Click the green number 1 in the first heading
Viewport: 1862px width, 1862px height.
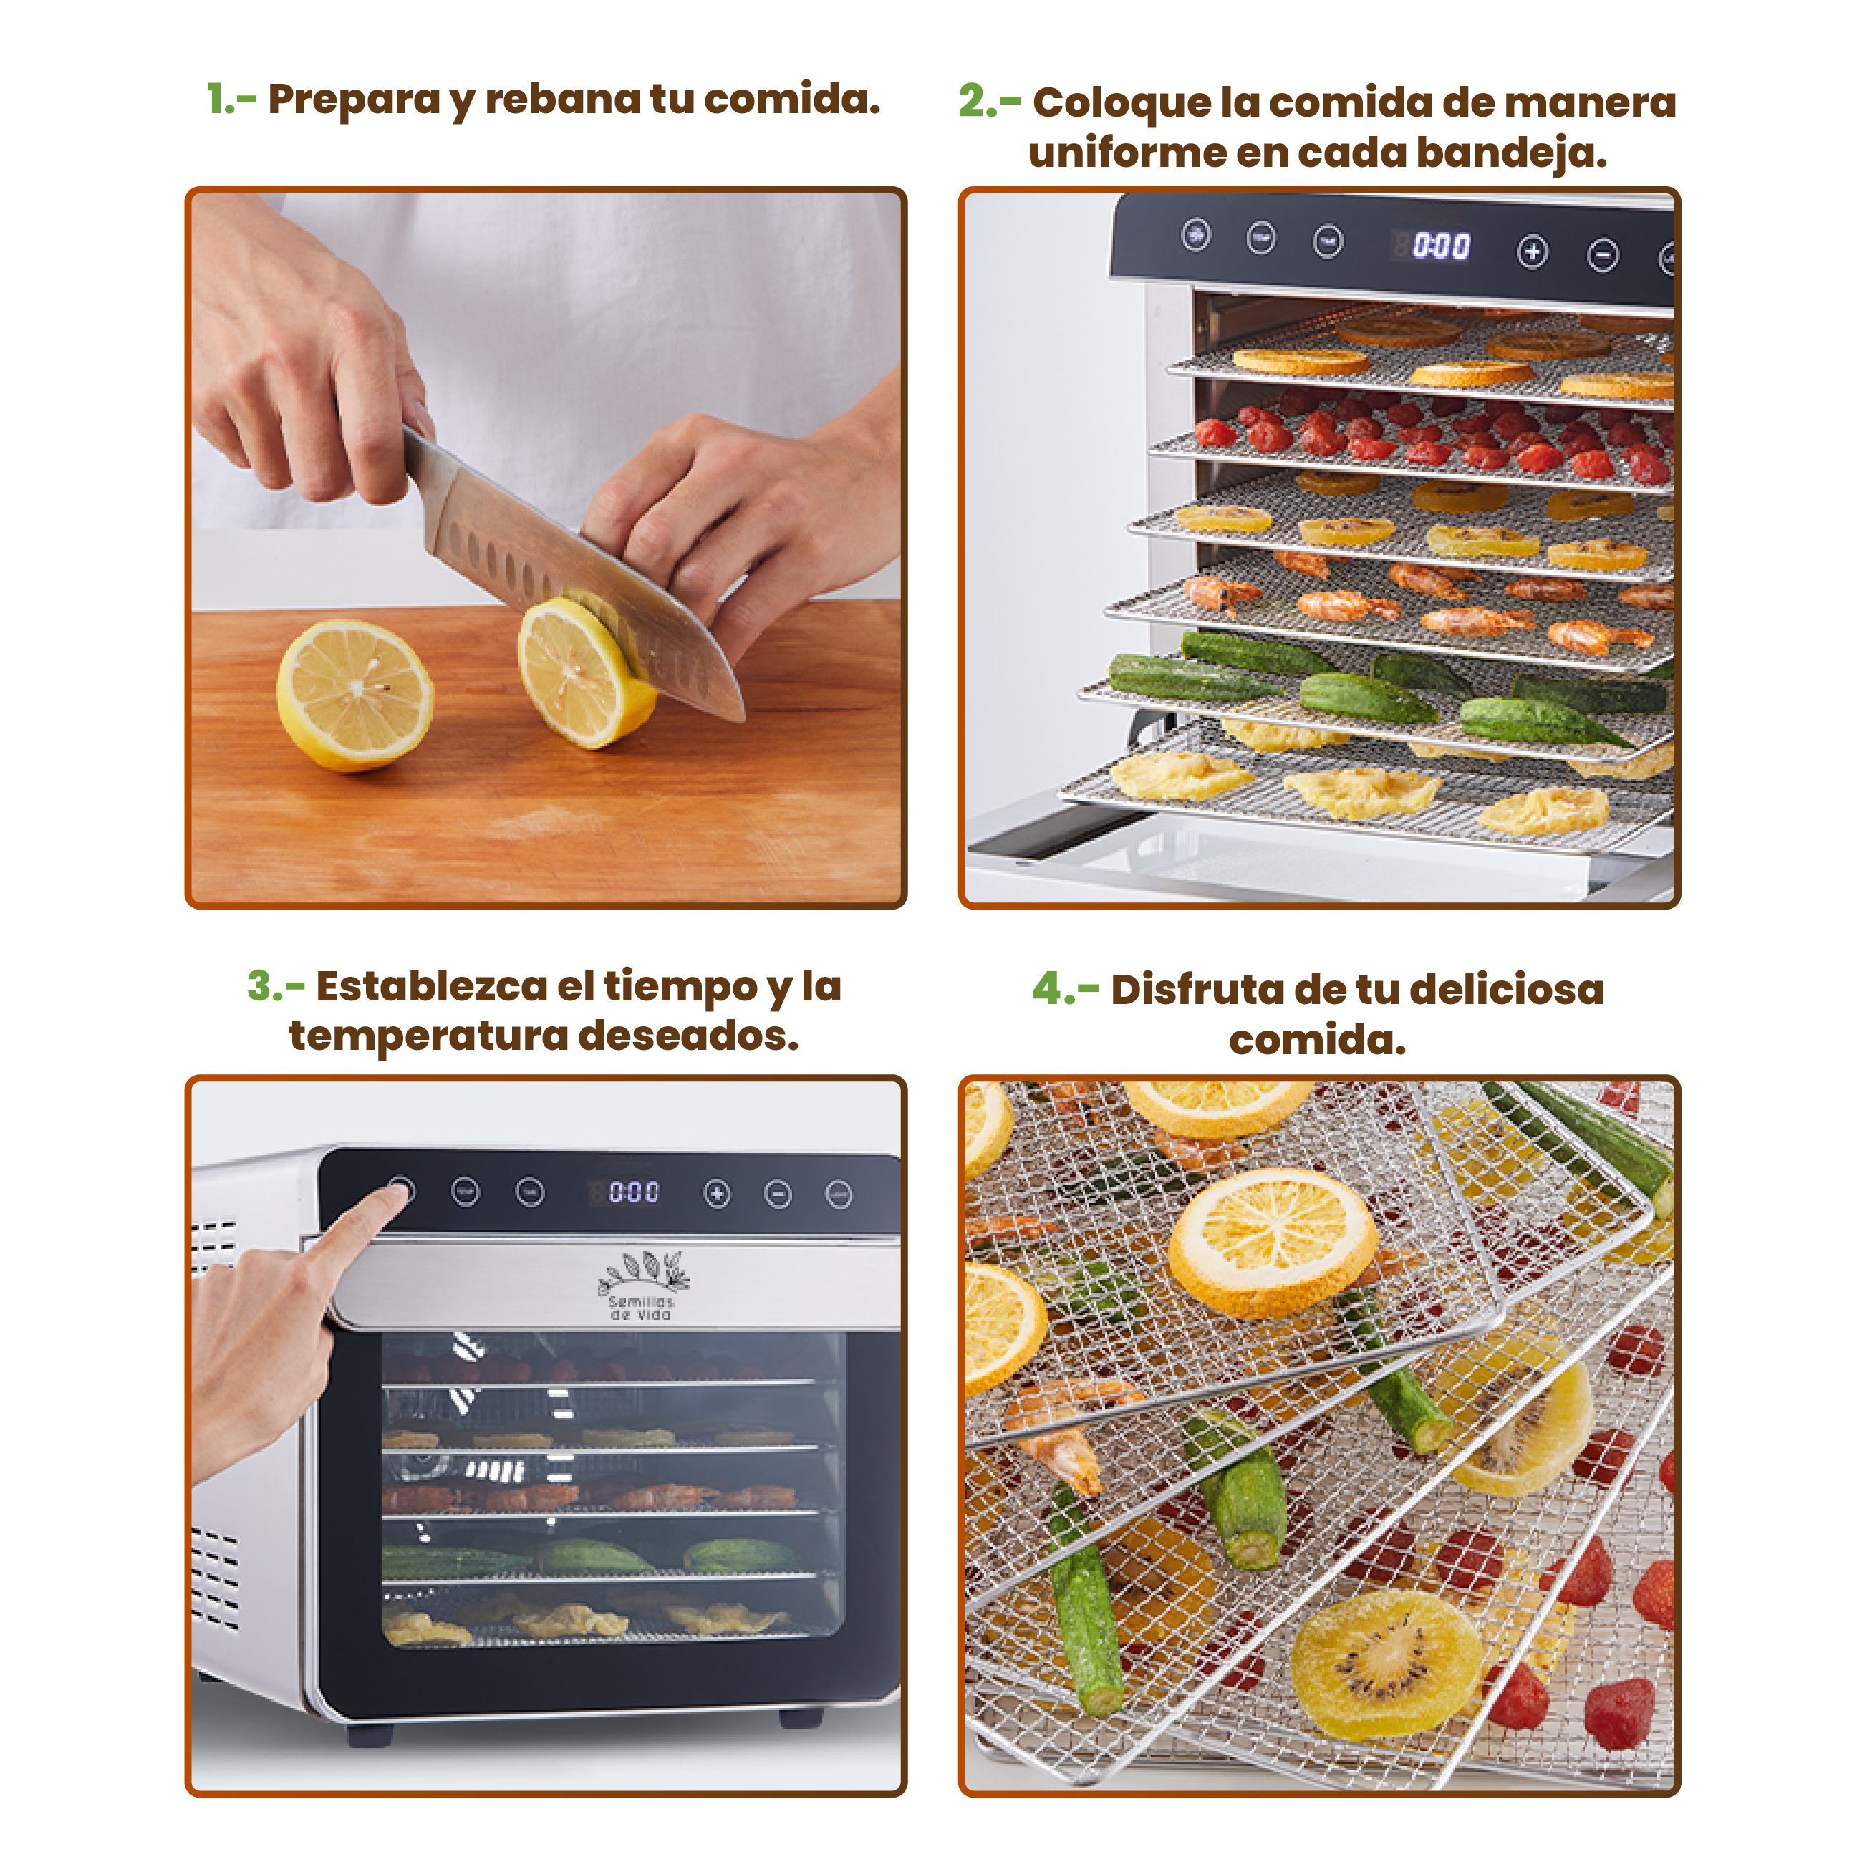point(218,100)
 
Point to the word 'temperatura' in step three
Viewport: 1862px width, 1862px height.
point(429,1036)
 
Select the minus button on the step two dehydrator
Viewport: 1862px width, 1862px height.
point(1603,256)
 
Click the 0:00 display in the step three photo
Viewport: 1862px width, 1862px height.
point(635,1193)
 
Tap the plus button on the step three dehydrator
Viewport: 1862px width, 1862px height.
point(717,1194)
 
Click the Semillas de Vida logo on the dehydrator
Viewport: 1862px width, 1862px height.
point(642,1285)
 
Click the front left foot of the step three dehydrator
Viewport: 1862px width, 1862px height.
point(370,1736)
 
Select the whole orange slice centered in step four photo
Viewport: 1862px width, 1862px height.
point(1273,1243)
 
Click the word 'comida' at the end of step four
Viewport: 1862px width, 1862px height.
point(1318,1040)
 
